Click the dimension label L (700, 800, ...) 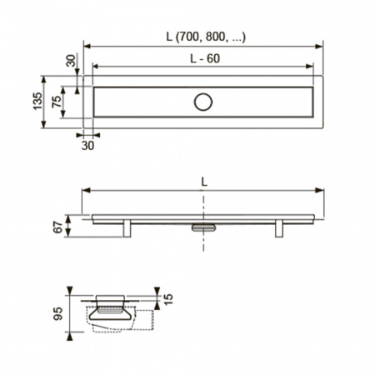[206, 37]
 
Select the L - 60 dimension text [205, 58]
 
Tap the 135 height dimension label [37, 101]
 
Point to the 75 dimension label [56, 102]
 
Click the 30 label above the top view [71, 61]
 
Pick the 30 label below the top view [87, 146]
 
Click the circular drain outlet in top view [203, 102]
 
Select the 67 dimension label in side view [57, 227]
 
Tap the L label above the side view [204, 182]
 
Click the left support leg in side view [127, 228]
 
